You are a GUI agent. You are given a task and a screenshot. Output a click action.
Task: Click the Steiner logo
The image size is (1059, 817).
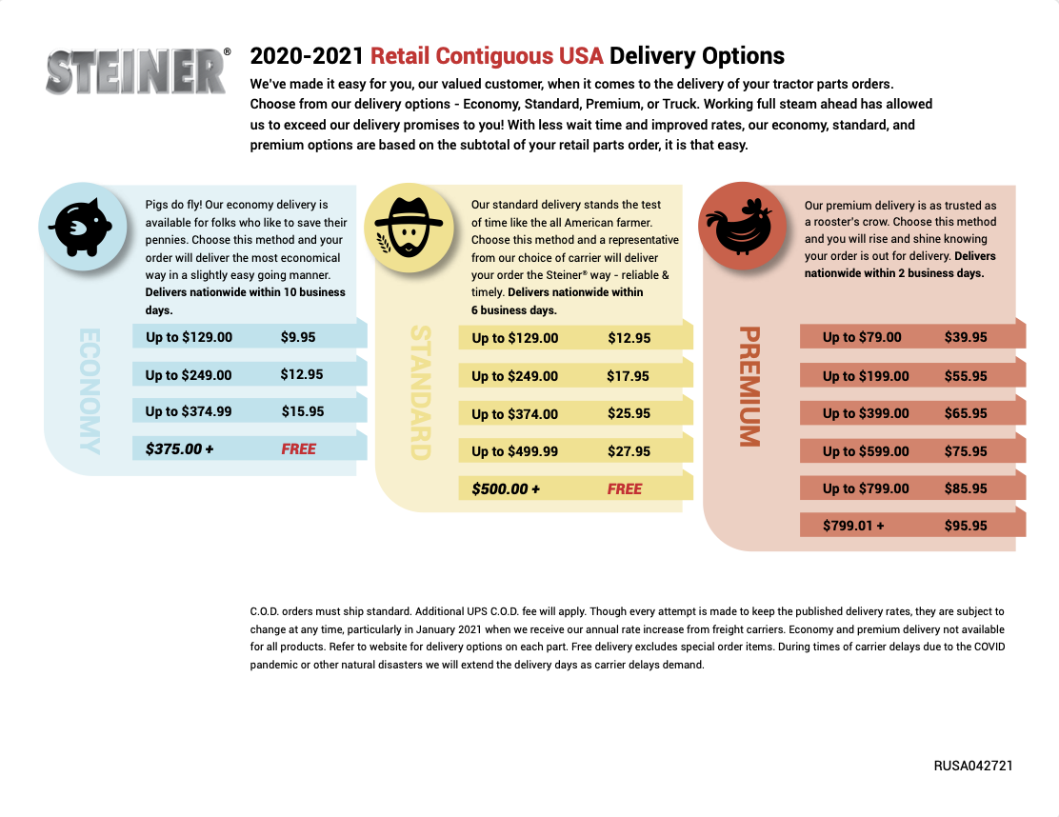[135, 71]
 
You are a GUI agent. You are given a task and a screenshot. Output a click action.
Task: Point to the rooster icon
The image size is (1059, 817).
[742, 223]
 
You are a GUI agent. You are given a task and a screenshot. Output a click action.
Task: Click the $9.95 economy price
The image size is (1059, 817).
[298, 337]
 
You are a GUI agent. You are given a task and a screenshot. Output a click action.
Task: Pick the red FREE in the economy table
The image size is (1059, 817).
[298, 448]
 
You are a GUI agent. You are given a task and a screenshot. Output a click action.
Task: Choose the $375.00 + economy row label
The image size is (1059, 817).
[180, 448]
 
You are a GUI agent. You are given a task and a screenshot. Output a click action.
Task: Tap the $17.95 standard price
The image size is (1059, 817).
[628, 376]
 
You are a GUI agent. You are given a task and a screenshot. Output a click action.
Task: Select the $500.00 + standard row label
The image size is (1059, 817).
[506, 488]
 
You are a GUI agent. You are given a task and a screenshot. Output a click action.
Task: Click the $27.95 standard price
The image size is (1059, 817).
[629, 451]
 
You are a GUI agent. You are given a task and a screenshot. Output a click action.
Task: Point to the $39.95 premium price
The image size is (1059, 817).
[966, 337]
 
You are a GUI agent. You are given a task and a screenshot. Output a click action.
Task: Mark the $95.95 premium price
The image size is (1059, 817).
[966, 526]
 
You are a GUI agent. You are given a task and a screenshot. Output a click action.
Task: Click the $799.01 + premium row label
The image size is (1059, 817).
[853, 526]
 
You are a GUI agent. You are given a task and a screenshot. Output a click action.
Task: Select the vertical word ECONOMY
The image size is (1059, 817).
[89, 391]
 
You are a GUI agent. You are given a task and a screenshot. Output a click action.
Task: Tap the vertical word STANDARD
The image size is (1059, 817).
[420, 393]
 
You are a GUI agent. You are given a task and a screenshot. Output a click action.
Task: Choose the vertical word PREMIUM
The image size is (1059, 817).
[749, 387]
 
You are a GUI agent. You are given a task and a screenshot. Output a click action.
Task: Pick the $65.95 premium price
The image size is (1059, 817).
[966, 413]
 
